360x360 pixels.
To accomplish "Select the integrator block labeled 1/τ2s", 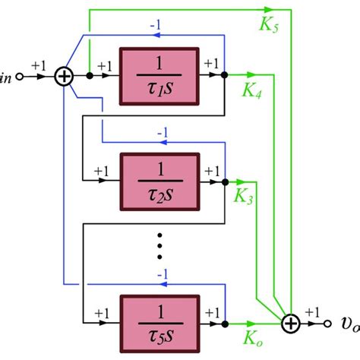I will (x=159, y=182).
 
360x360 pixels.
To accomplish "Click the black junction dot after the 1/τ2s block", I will (x=223, y=182).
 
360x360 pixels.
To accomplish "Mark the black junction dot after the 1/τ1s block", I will (x=223, y=76).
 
